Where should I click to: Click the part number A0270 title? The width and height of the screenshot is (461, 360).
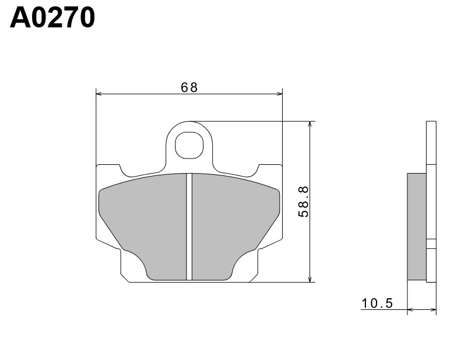52,18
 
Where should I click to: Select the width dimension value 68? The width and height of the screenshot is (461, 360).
189,87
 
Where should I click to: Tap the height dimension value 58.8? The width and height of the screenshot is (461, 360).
304,201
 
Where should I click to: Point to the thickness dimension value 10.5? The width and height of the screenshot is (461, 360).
378,303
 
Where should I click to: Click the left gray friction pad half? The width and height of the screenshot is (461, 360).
146,221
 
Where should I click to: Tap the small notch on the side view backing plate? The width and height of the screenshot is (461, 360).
431,244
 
